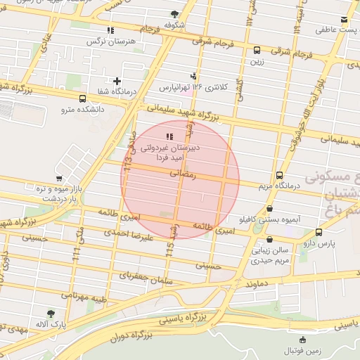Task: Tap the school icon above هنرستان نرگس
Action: (x=110, y=30)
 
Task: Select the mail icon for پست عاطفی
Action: (x=343, y=19)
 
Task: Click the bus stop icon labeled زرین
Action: (x=257, y=50)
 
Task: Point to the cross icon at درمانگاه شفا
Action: (x=117, y=81)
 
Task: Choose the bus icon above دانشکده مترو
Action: (x=83, y=98)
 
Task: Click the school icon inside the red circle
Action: (x=169, y=136)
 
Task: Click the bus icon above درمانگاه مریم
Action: (x=279, y=175)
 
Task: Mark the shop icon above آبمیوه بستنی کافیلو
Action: (x=270, y=209)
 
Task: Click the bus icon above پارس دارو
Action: (x=319, y=232)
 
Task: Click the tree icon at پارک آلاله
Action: (x=51, y=314)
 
